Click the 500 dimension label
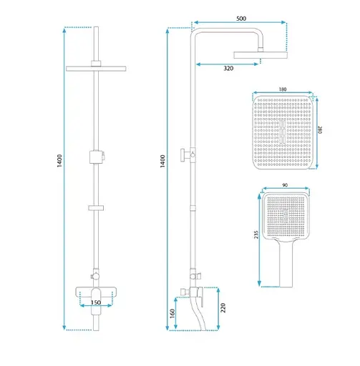click(241, 19)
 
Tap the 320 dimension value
click(228, 69)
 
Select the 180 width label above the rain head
click(283, 89)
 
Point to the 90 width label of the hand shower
click(285, 185)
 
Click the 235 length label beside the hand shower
click(256, 234)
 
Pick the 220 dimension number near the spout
click(223, 308)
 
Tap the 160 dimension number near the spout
click(172, 314)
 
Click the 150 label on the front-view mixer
click(96, 302)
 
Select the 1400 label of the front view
click(59, 161)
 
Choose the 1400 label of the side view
click(162, 162)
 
